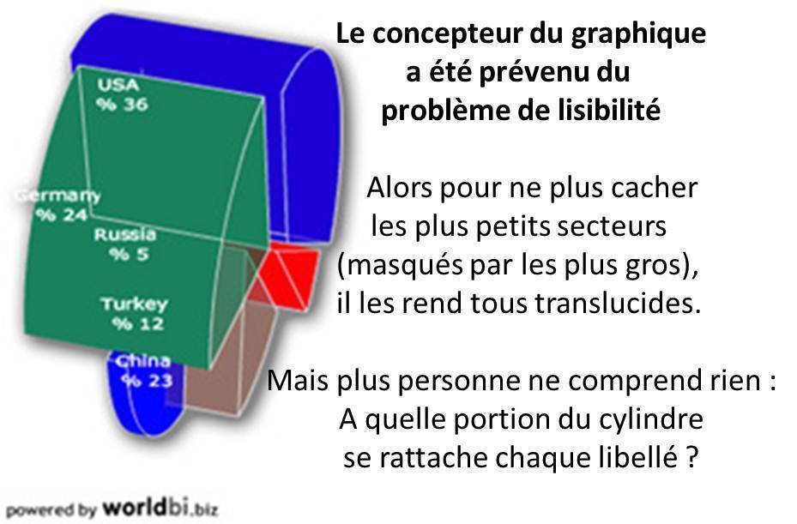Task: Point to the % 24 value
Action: (62, 215)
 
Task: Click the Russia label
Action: (124, 234)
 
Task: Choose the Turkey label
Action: (134, 304)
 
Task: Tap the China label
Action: (143, 361)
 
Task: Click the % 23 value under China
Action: (148, 381)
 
